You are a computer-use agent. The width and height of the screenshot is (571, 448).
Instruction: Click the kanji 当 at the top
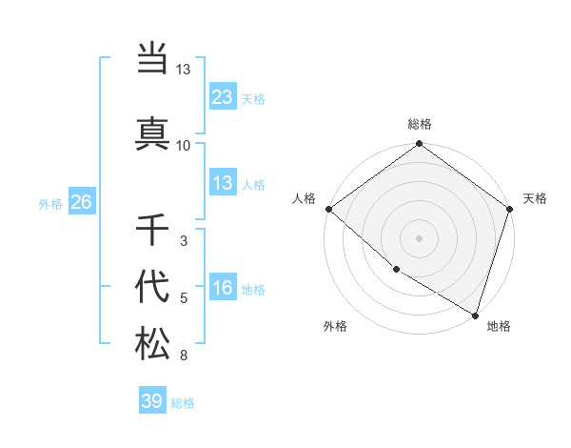(x=152, y=59)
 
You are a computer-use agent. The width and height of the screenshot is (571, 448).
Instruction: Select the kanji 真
(x=152, y=132)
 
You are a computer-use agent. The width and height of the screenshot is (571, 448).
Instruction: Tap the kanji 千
(x=152, y=230)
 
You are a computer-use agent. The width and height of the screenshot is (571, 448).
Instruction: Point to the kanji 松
(x=152, y=343)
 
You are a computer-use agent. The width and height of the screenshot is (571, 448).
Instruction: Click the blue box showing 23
(x=222, y=96)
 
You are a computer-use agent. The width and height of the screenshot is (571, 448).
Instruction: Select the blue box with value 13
(x=222, y=183)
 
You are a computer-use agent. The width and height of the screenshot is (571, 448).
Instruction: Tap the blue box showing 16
(x=222, y=288)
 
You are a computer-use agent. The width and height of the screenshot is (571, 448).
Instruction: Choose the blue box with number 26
(x=81, y=202)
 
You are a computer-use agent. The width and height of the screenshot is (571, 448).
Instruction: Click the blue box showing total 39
(x=152, y=401)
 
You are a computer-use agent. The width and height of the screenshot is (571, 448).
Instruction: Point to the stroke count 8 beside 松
(x=184, y=356)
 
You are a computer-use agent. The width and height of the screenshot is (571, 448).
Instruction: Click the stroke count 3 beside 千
(x=184, y=241)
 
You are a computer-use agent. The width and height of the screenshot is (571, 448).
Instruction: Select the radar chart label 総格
(x=420, y=124)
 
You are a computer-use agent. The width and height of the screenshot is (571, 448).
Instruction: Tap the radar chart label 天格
(x=536, y=198)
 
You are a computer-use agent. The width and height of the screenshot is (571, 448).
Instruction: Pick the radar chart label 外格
(x=335, y=326)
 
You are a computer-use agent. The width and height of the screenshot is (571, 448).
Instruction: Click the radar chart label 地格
(x=499, y=326)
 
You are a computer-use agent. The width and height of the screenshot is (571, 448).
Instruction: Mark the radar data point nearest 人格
(x=328, y=209)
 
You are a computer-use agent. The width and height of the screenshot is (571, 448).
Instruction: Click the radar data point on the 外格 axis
(x=396, y=270)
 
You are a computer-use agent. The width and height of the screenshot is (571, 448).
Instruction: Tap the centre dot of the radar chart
(x=420, y=237)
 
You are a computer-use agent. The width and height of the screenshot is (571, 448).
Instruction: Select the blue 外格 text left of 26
(x=50, y=203)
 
